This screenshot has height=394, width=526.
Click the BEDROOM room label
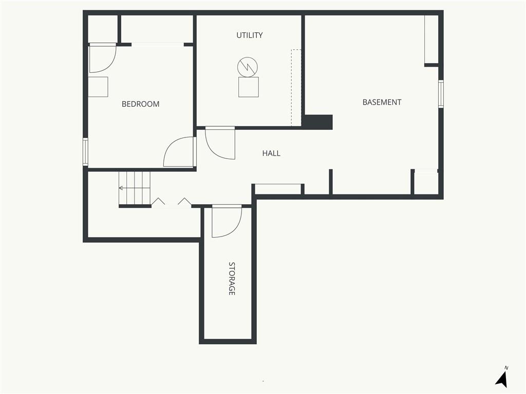[140, 104]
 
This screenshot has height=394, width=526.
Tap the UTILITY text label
[249, 35]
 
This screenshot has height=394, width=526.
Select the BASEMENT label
[382, 102]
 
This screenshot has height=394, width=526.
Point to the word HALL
[271, 153]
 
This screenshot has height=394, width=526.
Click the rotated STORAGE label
[232, 279]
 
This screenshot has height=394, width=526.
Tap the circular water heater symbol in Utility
[248, 67]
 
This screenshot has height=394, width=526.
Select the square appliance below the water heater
[249, 87]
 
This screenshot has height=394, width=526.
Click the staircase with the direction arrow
[135, 188]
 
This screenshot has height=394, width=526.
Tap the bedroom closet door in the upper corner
[103, 58]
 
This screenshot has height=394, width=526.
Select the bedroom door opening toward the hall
[178, 152]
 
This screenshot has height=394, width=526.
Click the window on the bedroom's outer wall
[85, 152]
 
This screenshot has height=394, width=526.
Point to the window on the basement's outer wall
[441, 94]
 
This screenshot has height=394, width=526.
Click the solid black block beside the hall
[318, 122]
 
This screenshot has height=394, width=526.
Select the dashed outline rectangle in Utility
[296, 88]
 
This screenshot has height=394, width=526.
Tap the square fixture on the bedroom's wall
[98, 87]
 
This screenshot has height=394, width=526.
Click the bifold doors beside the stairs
[171, 202]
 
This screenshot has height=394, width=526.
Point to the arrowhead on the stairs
[121, 188]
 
